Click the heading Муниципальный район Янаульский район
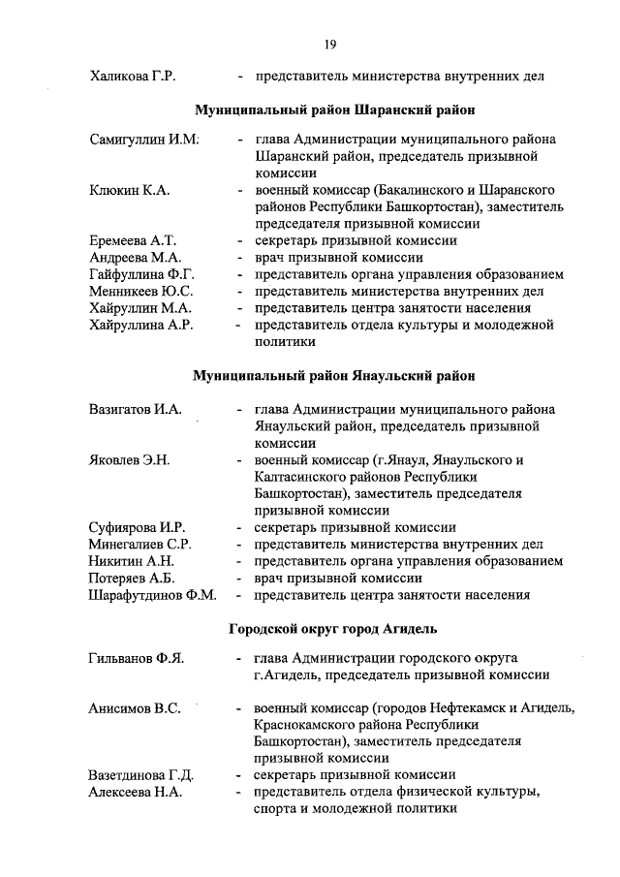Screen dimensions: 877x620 tap(333, 374)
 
